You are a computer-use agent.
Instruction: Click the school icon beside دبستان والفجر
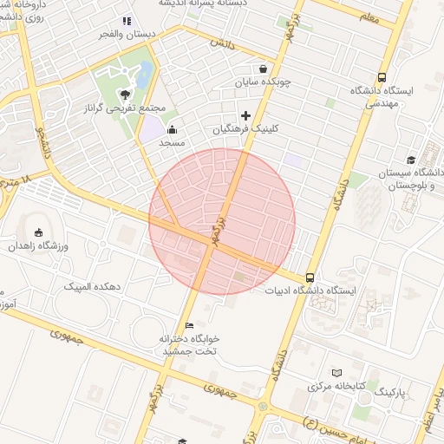(127, 21)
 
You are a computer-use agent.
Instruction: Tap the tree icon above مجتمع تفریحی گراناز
(127, 94)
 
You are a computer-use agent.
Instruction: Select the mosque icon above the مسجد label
(172, 129)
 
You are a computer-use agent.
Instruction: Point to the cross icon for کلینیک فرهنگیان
(245, 115)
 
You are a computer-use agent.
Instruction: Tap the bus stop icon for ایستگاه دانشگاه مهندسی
(383, 76)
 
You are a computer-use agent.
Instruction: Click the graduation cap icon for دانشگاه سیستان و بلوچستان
(410, 160)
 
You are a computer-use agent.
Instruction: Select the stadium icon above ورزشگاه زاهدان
(37, 232)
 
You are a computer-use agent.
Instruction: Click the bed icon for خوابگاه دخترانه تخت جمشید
(190, 325)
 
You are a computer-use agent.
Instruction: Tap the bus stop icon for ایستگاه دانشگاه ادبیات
(310, 277)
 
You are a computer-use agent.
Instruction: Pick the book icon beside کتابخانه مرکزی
(336, 372)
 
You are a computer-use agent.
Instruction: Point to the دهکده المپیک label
(92, 285)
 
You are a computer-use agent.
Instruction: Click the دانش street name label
(222, 42)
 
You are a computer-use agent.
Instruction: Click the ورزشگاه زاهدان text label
(38, 246)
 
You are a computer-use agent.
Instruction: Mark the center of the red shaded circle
(222, 222)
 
